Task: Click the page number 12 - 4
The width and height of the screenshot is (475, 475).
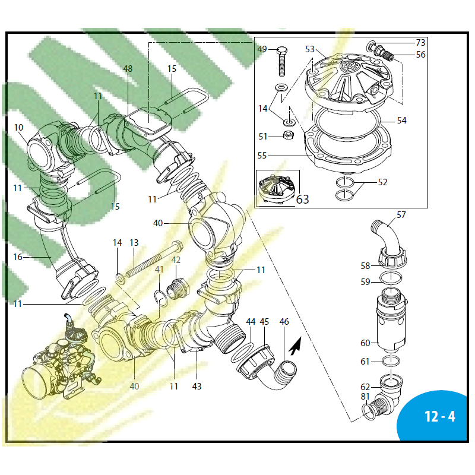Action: (x=440, y=416)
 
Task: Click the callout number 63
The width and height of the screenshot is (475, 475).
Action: (x=302, y=199)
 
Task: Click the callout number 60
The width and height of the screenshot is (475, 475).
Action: (x=365, y=343)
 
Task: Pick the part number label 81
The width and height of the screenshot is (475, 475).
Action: (x=365, y=397)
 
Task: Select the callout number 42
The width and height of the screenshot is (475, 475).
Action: (x=176, y=260)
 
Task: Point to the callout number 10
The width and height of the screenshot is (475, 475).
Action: (x=18, y=127)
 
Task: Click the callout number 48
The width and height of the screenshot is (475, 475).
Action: (x=128, y=69)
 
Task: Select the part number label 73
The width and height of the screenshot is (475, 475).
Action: (x=420, y=43)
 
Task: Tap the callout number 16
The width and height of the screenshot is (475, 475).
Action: (x=18, y=257)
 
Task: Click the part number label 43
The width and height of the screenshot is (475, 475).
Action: (x=197, y=386)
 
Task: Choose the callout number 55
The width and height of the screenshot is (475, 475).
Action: (x=262, y=156)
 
